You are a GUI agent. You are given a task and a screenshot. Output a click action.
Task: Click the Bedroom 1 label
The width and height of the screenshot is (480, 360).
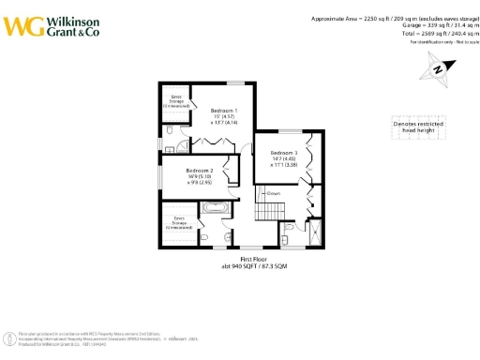tap(222, 109)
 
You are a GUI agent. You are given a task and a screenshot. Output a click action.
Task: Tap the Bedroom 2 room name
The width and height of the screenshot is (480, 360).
tap(200, 171)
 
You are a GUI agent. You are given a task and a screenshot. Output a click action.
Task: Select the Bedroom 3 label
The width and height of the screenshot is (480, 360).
tap(283, 153)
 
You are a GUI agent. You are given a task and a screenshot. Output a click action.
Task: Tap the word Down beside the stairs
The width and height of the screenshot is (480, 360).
tap(275, 193)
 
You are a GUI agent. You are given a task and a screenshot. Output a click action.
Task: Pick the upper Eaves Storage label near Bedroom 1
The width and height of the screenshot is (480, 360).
tap(175, 99)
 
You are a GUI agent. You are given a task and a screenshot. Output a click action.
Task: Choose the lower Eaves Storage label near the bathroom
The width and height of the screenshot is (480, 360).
tap(179, 223)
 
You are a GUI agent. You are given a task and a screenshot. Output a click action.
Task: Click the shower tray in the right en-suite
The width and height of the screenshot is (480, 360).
tap(313, 231)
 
